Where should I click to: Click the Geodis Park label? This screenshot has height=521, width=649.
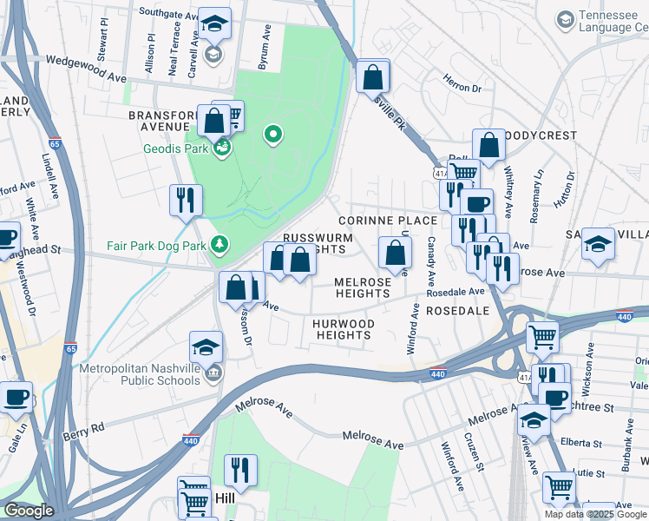tap(177, 148)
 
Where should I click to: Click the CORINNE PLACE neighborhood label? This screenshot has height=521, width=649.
tap(387, 221)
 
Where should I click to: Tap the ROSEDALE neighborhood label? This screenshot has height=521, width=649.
tap(458, 310)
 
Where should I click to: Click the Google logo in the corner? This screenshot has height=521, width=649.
tap(28, 511)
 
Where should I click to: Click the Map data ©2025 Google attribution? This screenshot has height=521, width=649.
tap(595, 514)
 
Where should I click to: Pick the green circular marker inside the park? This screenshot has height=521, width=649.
tap(273, 135)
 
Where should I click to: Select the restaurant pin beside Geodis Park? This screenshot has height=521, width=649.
tap(186, 201)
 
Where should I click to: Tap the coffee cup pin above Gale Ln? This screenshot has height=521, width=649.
tap(16, 398)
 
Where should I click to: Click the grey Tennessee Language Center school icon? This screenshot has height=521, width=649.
tap(566, 19)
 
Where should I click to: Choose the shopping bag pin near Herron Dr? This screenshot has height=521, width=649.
tap(372, 76)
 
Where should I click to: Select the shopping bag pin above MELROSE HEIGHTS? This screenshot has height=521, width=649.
tap(395, 254)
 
